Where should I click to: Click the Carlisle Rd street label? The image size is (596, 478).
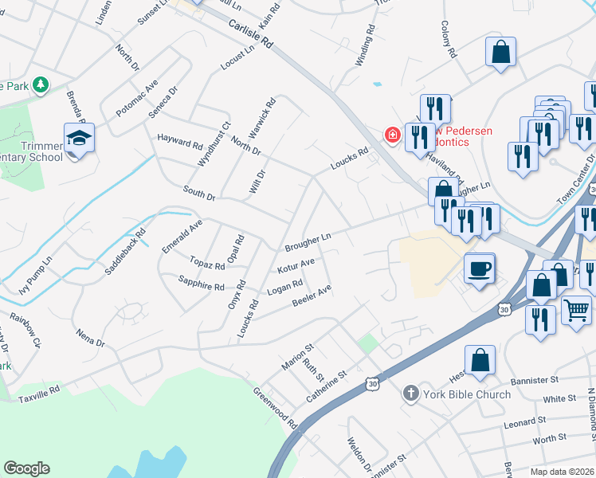pyautogui.click(x=250, y=33)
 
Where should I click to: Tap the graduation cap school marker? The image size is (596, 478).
pyautogui.click(x=80, y=139)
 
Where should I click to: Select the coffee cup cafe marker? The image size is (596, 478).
pyautogui.click(x=478, y=268)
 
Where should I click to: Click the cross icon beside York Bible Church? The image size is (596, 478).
pyautogui.click(x=410, y=393)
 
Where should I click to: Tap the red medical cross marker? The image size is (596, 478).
pyautogui.click(x=392, y=135)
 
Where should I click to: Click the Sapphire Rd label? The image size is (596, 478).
pyautogui.click(x=201, y=284)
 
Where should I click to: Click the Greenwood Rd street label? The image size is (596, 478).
pyautogui.click(x=275, y=408)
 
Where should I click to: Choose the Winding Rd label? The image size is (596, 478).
pyautogui.click(x=365, y=49)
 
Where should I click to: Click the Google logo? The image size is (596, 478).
pyautogui.click(x=26, y=468)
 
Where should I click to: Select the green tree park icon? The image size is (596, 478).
pyautogui.click(x=40, y=84)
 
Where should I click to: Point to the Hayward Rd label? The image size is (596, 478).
pyautogui.click(x=179, y=142)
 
